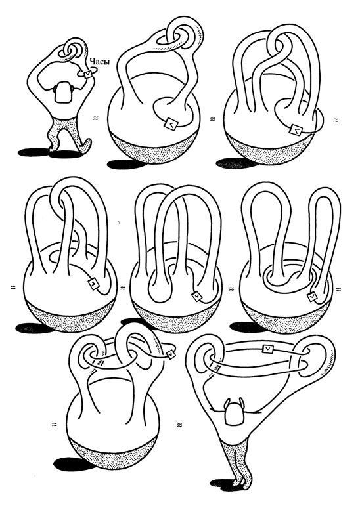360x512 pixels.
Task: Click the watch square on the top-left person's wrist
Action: tap(88, 75)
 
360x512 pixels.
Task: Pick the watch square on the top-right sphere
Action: tap(296, 129)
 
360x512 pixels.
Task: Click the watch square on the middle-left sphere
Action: tap(94, 283)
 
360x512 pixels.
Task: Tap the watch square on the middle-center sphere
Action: tap(197, 296)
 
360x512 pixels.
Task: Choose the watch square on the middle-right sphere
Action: tap(312, 297)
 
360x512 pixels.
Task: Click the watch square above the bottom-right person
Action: tap(268, 349)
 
